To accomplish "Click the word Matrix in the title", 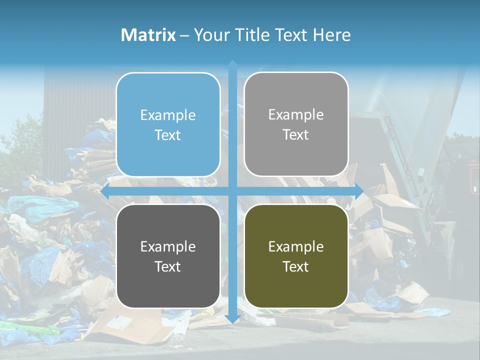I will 148,35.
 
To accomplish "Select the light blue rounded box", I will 168,124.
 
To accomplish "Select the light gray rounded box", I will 296,124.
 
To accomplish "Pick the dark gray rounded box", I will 168,256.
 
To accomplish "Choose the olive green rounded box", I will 296,256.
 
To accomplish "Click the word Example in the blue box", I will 168,115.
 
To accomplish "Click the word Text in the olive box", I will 296,266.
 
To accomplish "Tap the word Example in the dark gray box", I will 168,246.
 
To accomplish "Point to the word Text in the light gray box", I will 296,134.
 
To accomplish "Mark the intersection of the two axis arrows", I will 232,191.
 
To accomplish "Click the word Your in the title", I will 208,35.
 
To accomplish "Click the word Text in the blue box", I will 168,135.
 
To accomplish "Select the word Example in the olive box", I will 296,246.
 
